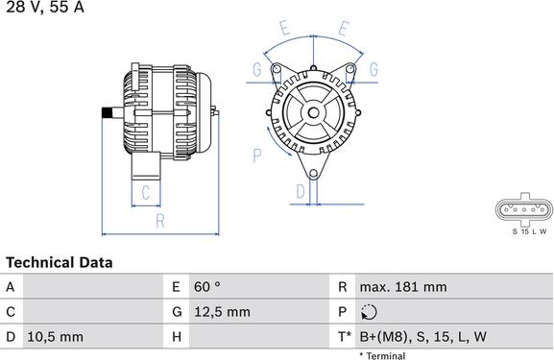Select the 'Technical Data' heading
tap(60, 262)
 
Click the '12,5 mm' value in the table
tap(224, 312)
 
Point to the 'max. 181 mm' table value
tap(403, 287)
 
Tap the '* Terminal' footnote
tap(381, 355)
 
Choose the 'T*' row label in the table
tap(344, 337)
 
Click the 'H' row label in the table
tap(178, 337)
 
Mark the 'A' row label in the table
tap(11, 287)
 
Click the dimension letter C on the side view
tap(144, 193)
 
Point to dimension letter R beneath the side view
tap(159, 222)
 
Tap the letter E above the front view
tap(285, 29)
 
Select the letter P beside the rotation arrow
tap(257, 154)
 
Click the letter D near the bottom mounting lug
tap(300, 192)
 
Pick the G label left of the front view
tap(256, 69)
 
